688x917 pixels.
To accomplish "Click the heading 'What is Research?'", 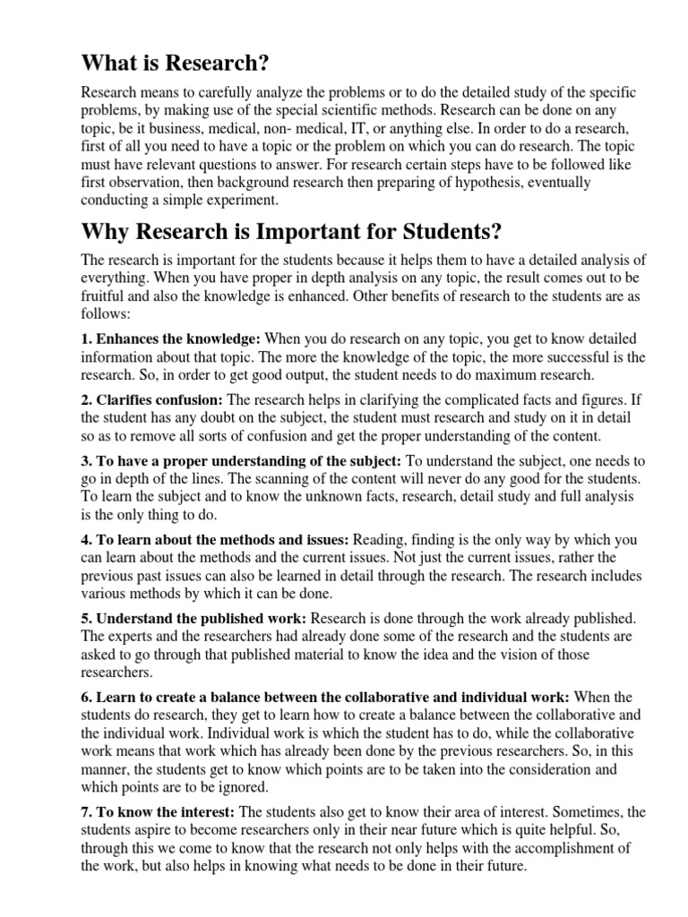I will point(175,64).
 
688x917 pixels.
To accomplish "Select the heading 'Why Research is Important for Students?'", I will point(291,232).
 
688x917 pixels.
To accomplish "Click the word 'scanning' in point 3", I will point(220,478).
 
